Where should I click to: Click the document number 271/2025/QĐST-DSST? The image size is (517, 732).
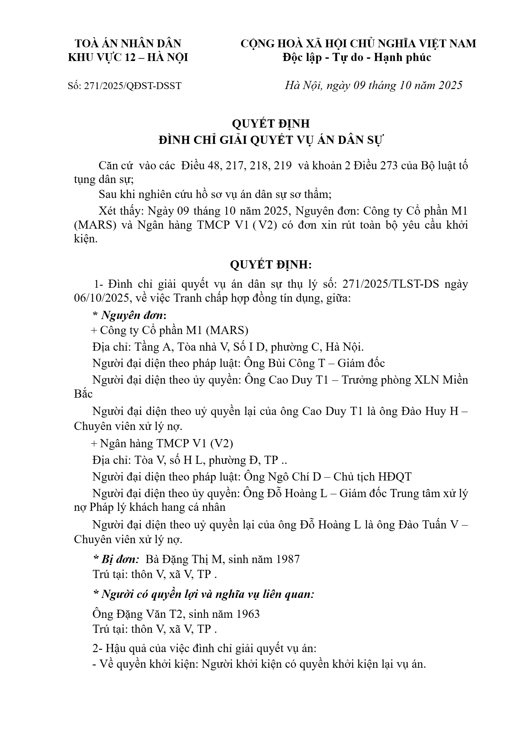(x=133, y=86)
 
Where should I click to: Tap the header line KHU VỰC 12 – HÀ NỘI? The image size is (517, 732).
(x=128, y=58)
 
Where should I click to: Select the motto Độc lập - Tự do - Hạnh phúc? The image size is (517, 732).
(x=357, y=58)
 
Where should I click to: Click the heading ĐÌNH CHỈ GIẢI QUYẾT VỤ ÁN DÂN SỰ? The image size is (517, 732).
(x=271, y=140)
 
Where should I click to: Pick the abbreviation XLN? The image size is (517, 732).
(x=425, y=380)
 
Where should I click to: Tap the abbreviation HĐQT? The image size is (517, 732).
(x=395, y=477)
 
